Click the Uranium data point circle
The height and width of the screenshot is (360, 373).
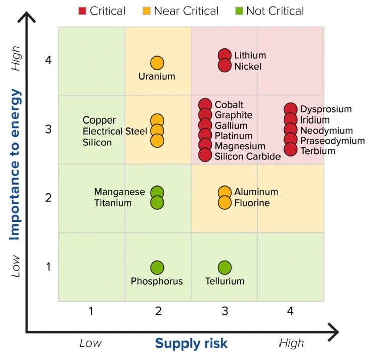point(157,63)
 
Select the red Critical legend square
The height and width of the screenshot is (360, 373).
point(83,11)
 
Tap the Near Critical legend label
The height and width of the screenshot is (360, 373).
point(186,11)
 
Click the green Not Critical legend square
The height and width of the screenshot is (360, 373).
point(240,11)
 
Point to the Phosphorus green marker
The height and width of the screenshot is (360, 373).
point(157,268)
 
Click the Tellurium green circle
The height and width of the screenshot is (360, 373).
point(225,268)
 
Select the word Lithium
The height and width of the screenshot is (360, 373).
point(250,55)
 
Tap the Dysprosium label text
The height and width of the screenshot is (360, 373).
point(326,109)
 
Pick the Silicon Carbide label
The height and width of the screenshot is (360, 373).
point(247,156)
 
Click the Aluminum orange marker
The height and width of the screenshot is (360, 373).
point(225,192)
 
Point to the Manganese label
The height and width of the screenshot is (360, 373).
point(119,192)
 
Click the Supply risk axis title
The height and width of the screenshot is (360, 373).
point(191,343)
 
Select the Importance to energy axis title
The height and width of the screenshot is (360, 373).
point(16,165)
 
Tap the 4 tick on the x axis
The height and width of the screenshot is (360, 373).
point(290,312)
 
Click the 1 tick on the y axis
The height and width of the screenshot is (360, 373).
point(48,266)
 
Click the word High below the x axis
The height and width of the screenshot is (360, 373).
point(292,343)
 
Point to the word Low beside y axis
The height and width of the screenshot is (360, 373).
point(17,266)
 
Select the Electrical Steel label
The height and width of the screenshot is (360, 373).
point(110,131)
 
